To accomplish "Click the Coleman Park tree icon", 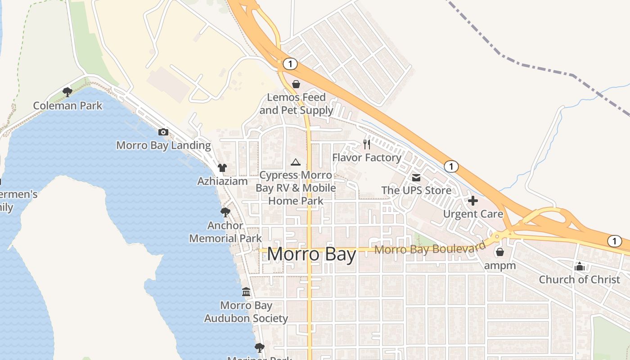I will coord(67,92).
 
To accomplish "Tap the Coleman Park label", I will coord(68,106).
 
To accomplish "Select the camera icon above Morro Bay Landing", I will coord(163,132).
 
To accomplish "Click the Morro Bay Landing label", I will coord(163,145).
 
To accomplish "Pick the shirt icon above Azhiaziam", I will coord(222,168).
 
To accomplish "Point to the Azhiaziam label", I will coord(223,181).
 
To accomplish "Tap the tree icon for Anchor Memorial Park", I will coord(225,211).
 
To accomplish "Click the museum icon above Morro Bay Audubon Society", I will coord(246,292).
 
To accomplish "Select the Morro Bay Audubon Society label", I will coord(246,312).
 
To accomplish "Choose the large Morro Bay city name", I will coord(311,255).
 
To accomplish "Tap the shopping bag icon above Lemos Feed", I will coord(296,84).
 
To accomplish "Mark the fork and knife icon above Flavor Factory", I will coord(367,144).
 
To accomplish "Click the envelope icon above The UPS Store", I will coord(416,178).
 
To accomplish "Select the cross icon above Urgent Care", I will coord(473,201).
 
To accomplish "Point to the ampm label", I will coord(500,265).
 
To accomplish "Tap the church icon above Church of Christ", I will coord(580,266).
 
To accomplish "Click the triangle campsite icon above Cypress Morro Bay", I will coord(296,162).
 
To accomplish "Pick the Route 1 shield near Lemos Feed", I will coord(290,64).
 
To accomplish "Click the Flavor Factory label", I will coord(367,157).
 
